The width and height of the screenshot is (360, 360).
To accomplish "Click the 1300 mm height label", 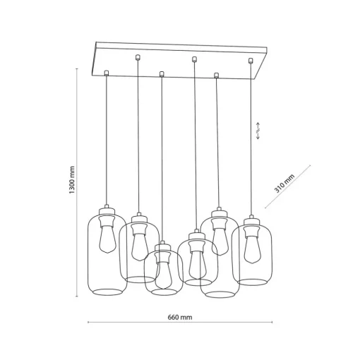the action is [72, 180].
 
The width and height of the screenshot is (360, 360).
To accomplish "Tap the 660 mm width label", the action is [180, 318].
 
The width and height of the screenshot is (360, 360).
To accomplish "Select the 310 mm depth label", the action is [284, 184].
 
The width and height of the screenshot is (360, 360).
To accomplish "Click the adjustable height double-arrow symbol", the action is [258, 131].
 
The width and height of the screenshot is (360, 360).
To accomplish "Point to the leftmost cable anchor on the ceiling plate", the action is [107, 73].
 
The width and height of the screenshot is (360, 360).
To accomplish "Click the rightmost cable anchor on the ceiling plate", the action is [251, 61].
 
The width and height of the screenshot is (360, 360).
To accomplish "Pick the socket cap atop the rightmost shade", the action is [251, 220].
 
